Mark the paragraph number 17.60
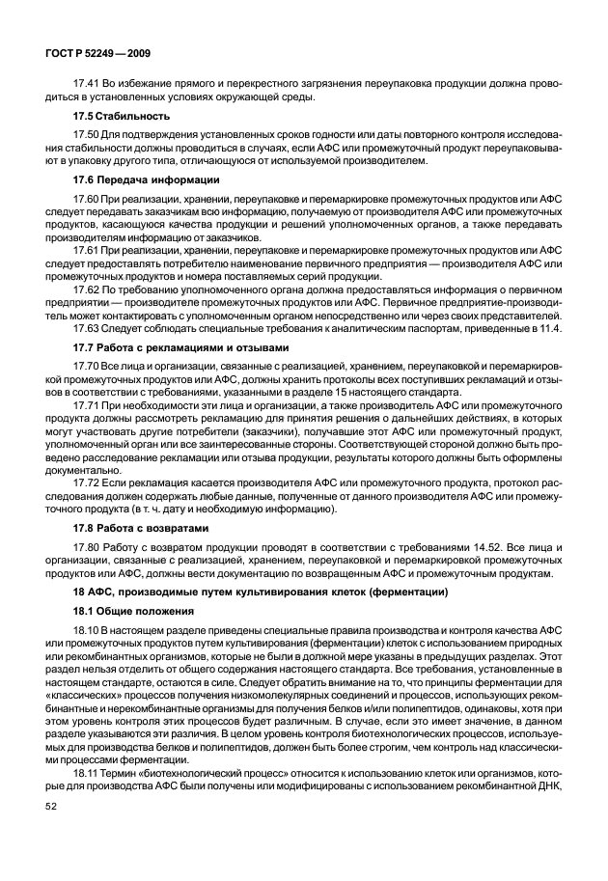(x=88, y=198)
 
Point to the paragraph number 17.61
(x=88, y=250)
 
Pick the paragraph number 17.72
(x=88, y=482)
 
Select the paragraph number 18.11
(x=88, y=799)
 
